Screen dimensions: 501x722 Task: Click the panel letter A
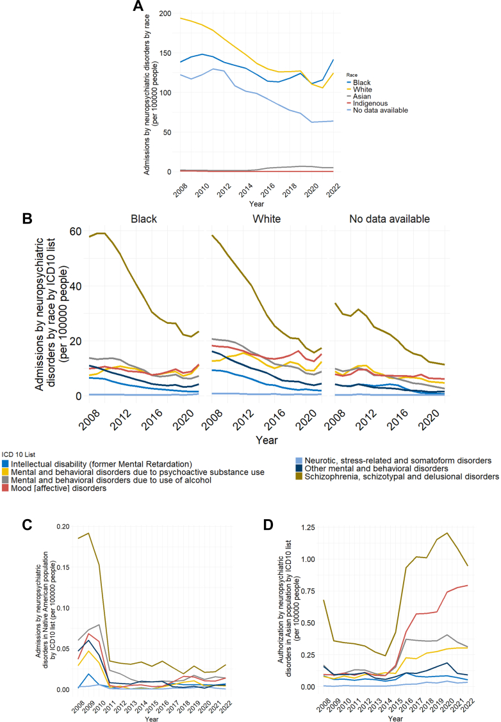pyautogui.click(x=138, y=6)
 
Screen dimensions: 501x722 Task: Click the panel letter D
pyautogui.click(x=268, y=525)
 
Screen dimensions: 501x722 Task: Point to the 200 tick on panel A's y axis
pyautogui.click(x=165, y=14)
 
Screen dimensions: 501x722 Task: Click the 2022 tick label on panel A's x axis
pyautogui.click(x=333, y=189)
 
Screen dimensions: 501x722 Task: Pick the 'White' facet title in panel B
pyautogui.click(x=267, y=219)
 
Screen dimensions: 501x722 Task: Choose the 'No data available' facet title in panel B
pyautogui.click(x=390, y=219)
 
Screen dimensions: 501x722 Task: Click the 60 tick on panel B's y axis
pyautogui.click(x=76, y=231)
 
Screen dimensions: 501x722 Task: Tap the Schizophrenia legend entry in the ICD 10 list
pyautogui.click(x=397, y=477)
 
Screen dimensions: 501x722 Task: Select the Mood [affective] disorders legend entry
pyautogui.click(x=54, y=488)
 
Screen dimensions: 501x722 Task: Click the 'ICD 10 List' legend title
pyautogui.click(x=19, y=454)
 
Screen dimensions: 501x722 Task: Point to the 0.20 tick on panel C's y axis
pyautogui.click(x=63, y=526)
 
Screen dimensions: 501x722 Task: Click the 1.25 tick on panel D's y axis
pyautogui.click(x=308, y=527)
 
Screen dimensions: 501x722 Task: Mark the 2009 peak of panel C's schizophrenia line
pyautogui.click(x=88, y=533)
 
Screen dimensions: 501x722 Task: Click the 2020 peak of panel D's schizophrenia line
pyautogui.click(x=447, y=533)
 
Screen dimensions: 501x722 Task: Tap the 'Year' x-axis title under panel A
pyautogui.click(x=257, y=204)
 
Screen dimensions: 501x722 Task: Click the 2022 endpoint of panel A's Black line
pyautogui.click(x=333, y=60)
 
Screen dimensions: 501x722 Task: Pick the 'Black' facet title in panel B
pyautogui.click(x=144, y=219)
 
